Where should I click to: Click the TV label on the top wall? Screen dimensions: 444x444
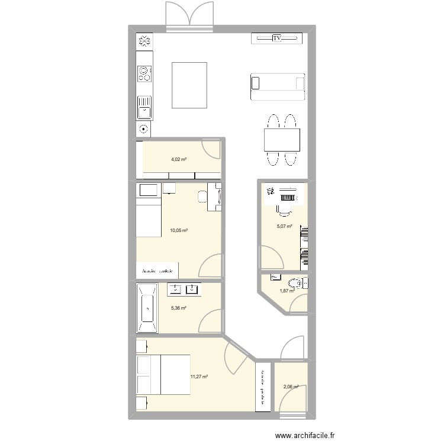[x=276, y=38]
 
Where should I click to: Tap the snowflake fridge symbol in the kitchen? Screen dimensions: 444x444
[x=143, y=41]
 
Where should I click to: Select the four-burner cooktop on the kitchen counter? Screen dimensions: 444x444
[x=144, y=73]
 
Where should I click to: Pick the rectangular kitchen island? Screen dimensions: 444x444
[x=189, y=85]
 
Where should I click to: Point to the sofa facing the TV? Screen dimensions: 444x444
[x=277, y=87]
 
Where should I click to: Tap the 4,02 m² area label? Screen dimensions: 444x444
[x=179, y=159]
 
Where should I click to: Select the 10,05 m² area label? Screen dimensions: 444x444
[x=179, y=231]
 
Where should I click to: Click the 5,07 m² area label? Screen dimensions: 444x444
[x=285, y=226]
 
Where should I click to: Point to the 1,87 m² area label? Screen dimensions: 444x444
[x=287, y=290]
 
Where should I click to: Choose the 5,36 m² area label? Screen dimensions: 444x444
[x=179, y=308]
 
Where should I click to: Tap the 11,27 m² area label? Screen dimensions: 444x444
[x=199, y=375]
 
